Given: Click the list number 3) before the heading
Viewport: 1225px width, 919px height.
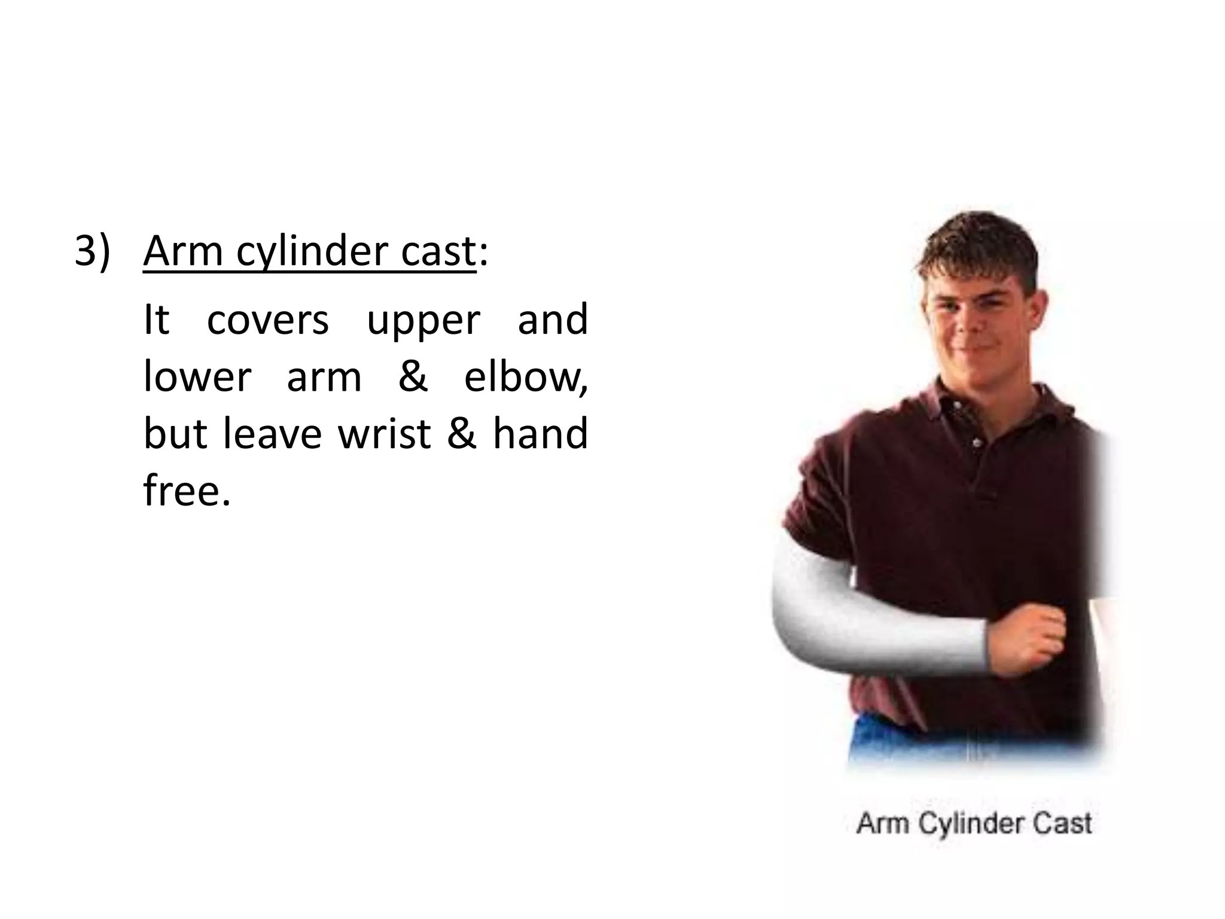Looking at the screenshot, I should pos(93,251).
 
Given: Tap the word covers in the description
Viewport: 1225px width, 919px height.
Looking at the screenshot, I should pos(267,320).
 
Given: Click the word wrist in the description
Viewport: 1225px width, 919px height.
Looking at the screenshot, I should pos(385,434).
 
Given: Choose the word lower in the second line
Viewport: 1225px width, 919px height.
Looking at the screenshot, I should pos(197,378).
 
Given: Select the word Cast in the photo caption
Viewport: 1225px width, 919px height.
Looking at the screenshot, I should pos(1062,823).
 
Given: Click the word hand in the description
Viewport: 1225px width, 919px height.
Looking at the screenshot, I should pos(540,434).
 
